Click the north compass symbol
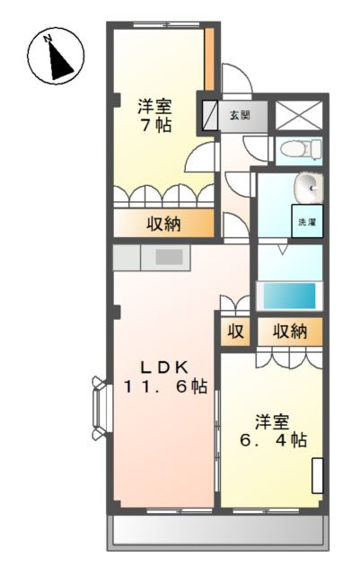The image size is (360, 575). click(x=56, y=56)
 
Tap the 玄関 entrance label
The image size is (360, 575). click(x=240, y=115)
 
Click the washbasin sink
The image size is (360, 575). click(x=309, y=188)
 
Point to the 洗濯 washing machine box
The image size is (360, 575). click(x=307, y=221)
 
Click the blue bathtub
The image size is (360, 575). click(x=290, y=296)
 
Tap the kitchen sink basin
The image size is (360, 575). click(x=169, y=257)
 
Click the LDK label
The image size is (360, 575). click(x=165, y=367)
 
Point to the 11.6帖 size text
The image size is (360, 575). click(x=166, y=386)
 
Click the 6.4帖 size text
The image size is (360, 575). click(x=274, y=439)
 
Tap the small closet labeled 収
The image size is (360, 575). click(x=235, y=332)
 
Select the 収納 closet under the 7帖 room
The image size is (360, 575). click(x=163, y=223)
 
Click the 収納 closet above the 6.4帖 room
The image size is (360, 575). click(x=290, y=332)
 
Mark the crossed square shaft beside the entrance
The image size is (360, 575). click(x=299, y=115)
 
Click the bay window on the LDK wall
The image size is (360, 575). click(x=101, y=407)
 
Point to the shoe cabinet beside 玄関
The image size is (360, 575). click(x=210, y=115)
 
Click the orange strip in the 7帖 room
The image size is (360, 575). click(x=209, y=58)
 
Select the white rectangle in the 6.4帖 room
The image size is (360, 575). click(x=318, y=475)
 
